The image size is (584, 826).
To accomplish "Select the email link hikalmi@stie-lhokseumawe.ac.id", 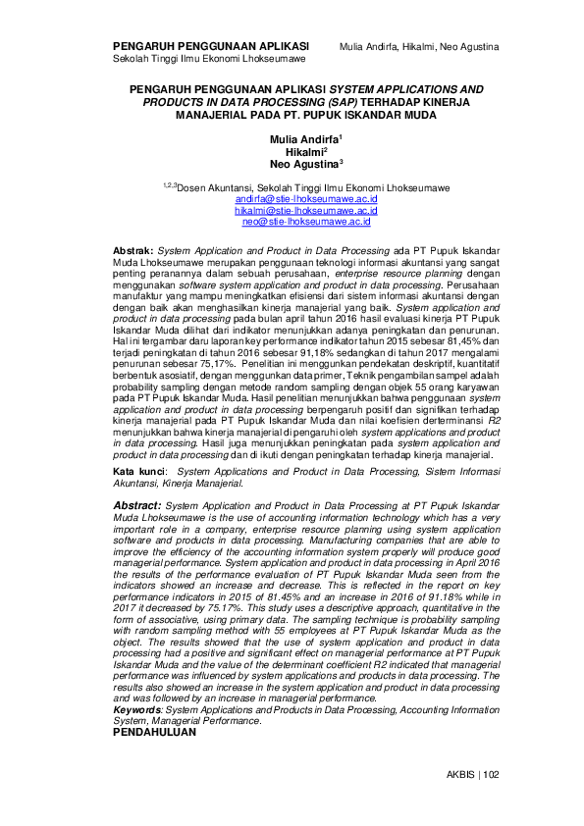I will [x=292, y=211].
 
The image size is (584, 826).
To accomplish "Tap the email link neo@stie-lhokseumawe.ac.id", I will [x=292, y=223].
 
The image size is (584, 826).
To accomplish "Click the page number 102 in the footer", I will [x=492, y=774].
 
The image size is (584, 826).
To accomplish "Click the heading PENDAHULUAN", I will [x=155, y=732].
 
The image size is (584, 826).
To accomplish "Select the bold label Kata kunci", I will [x=136, y=472].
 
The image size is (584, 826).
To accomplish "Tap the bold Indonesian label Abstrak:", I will [x=134, y=252].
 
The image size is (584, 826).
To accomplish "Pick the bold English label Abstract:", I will [x=138, y=504].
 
